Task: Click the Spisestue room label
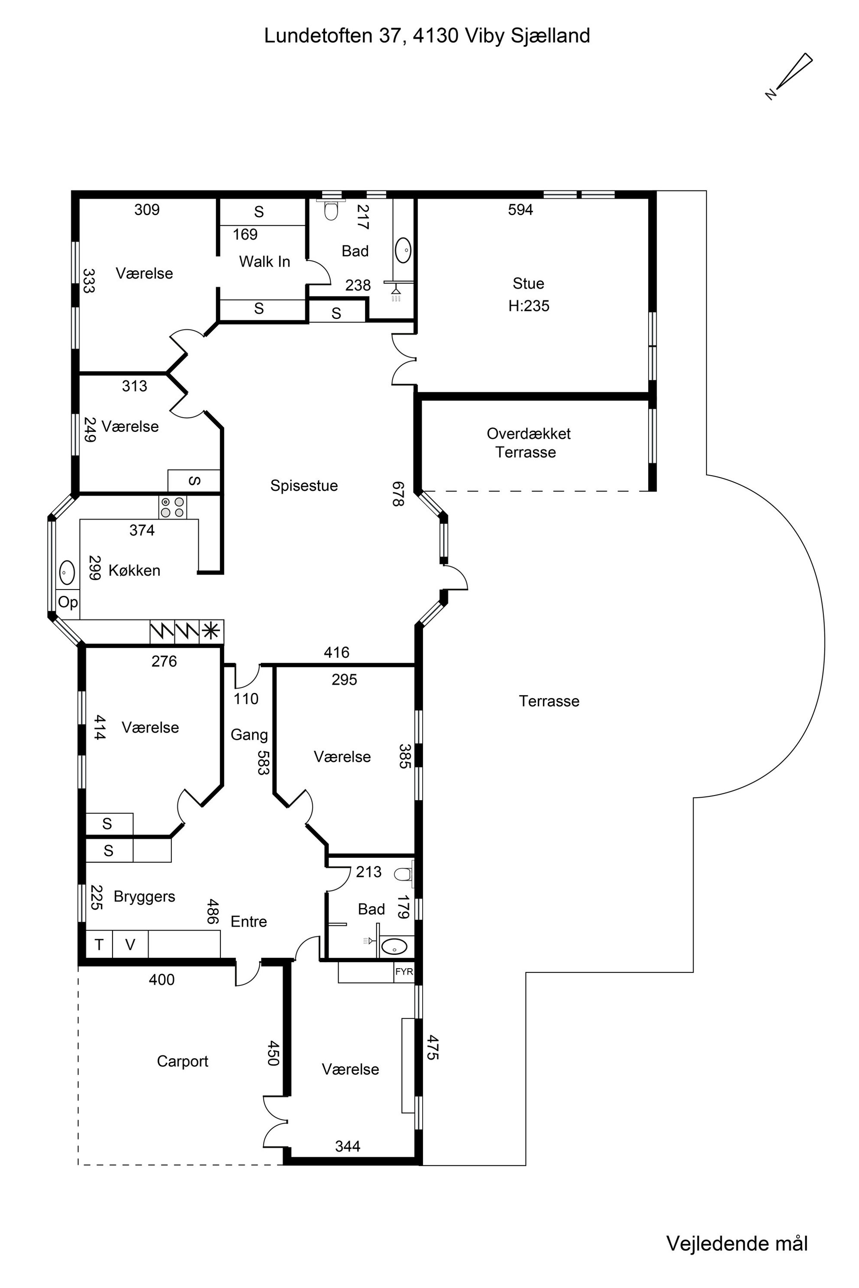(x=304, y=486)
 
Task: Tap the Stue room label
(x=528, y=283)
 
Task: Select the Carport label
(x=182, y=1061)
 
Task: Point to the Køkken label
(x=134, y=570)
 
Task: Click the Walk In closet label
(x=265, y=261)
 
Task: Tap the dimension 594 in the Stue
(x=520, y=210)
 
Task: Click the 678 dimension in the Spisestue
(x=398, y=494)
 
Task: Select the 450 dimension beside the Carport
(x=273, y=1053)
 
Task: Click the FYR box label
(x=404, y=972)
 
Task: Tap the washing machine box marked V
(x=130, y=945)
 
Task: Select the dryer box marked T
(x=99, y=945)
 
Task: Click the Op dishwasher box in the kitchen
(x=68, y=602)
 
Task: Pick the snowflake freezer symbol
(x=211, y=631)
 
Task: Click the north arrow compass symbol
(x=789, y=77)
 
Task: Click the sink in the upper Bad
(x=403, y=250)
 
